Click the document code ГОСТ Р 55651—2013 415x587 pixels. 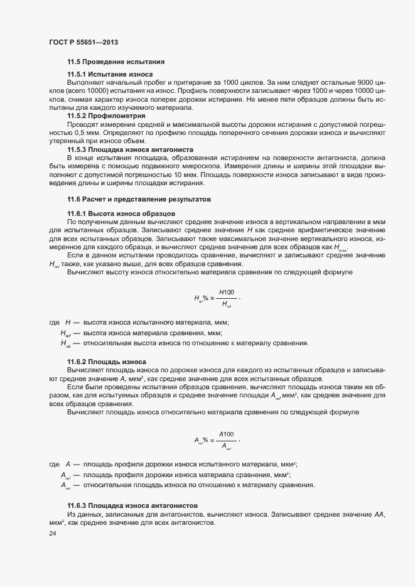[x=84, y=42]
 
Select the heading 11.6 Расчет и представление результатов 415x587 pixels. [x=138, y=199]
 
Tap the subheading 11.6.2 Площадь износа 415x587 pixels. [x=106, y=362]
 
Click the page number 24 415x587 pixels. [x=52, y=534]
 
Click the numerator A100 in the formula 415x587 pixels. [x=226, y=434]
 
